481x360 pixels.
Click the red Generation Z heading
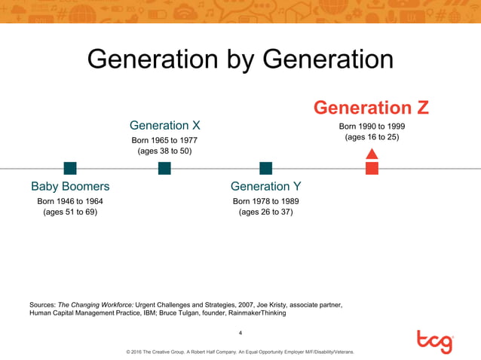[371, 108]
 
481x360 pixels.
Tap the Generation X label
[164, 125]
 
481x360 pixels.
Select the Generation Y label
[265, 186]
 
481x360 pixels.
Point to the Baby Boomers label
[70, 186]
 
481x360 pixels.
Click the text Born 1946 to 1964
[70, 201]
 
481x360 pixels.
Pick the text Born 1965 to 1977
[164, 140]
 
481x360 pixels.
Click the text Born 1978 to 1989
[265, 201]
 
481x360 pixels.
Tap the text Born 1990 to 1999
[372, 126]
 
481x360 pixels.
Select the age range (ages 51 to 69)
[70, 212]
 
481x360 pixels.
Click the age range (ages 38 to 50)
[164, 151]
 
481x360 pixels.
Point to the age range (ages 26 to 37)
[265, 212]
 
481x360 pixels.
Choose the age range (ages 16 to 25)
[372, 137]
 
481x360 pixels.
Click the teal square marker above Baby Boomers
[70, 168]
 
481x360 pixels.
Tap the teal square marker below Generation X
[164, 168]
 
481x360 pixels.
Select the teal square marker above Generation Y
[265, 168]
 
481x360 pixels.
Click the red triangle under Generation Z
[372, 154]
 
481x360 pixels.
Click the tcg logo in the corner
[435, 341]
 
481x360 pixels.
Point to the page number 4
[240, 332]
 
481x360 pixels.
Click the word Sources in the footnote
[41, 304]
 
